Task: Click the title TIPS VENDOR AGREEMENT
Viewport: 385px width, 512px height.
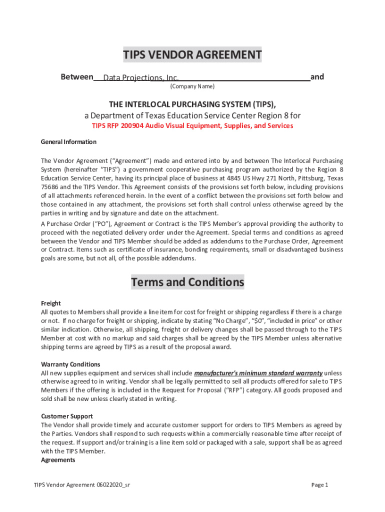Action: tap(192, 54)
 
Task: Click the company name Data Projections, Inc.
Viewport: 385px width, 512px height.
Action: tap(140, 78)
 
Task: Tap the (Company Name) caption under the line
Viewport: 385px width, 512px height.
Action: tap(192, 86)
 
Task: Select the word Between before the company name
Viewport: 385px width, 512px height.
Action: tap(76, 77)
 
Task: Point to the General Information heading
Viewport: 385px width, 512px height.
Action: tap(68, 142)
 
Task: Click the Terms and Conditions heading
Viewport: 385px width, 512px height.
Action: tap(187, 282)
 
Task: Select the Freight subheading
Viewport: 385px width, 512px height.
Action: tap(50, 303)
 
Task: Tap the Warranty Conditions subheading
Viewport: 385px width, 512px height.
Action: tap(70, 364)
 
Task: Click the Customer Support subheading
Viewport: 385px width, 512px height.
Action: tap(66, 416)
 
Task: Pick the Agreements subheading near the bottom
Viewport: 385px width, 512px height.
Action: tap(58, 460)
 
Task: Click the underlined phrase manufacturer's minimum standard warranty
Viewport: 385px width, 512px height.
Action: tap(258, 373)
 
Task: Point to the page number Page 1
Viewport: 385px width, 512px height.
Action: tap(319, 485)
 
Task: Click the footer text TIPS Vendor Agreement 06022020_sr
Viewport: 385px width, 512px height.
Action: tap(82, 485)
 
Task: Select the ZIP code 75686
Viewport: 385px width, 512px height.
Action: tap(49, 187)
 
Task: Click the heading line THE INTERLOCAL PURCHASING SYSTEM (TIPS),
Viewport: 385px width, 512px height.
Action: tap(192, 104)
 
